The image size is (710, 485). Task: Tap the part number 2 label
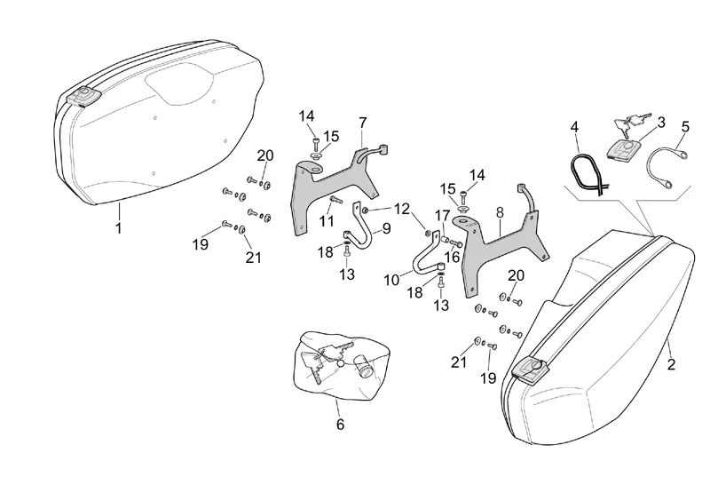671,364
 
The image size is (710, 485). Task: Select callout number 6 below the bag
340,425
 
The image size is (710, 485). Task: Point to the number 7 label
363,121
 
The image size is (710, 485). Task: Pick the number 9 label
386,227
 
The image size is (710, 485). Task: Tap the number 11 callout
327,220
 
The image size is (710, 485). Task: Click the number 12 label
402,209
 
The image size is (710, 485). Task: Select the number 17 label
441,216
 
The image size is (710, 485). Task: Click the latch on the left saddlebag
85,96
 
